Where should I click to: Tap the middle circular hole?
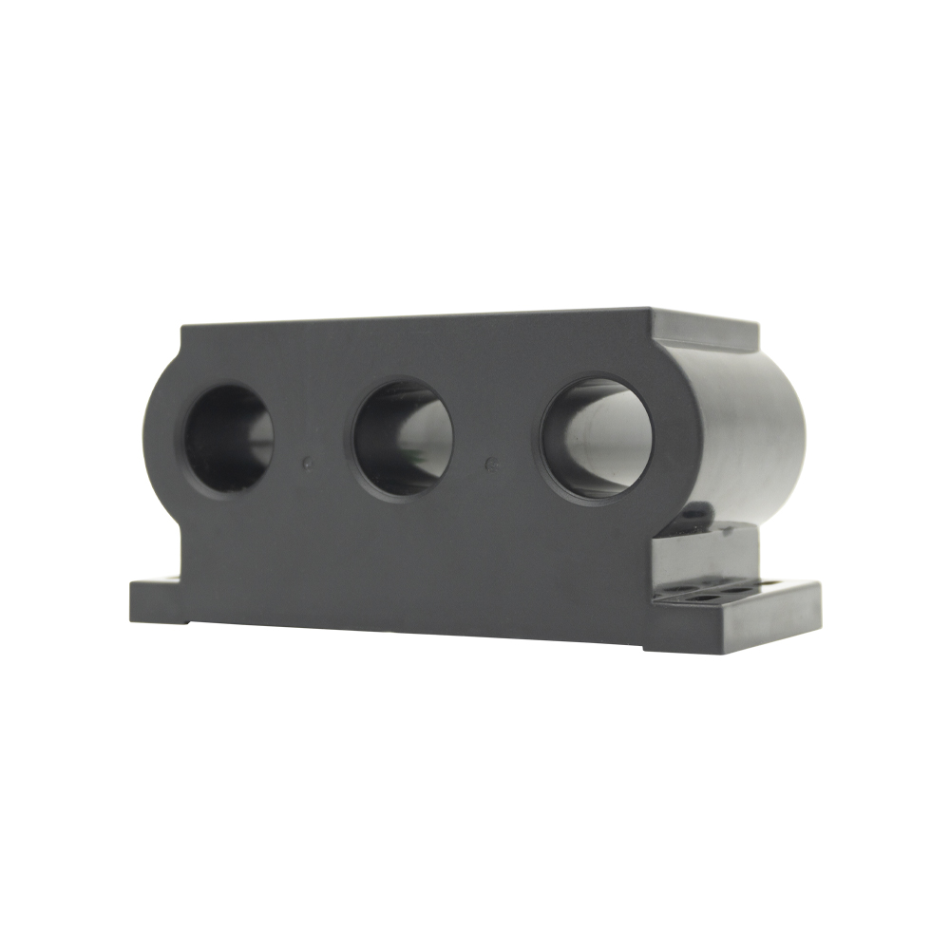403,440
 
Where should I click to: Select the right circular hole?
597,438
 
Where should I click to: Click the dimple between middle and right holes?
490,464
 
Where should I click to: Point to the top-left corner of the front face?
182,327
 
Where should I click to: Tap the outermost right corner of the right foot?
819,585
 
